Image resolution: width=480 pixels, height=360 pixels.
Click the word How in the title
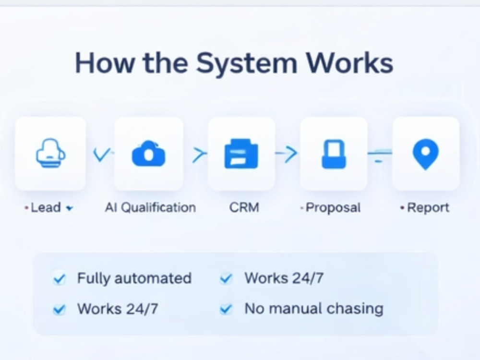pos(105,63)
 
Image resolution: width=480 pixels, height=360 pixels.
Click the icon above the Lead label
pos(51,153)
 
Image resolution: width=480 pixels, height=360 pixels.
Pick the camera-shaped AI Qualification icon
pos(149,154)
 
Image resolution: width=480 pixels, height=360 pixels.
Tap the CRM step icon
pos(241,154)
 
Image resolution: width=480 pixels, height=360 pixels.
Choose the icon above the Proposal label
pos(334,154)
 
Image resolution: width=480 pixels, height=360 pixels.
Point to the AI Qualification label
pos(150,207)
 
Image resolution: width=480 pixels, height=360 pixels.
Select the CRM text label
pos(244,207)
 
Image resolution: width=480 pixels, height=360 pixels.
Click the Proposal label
pos(333,208)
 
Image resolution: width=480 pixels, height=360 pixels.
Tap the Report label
pos(428,208)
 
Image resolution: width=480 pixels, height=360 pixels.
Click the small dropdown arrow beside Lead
pos(70,208)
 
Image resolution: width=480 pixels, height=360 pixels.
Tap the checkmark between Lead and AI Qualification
pos(102,155)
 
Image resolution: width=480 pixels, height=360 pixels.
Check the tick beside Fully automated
pos(59,279)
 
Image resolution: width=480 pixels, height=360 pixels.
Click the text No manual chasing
pos(314,309)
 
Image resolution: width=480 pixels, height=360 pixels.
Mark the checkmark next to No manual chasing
pos(226,309)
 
